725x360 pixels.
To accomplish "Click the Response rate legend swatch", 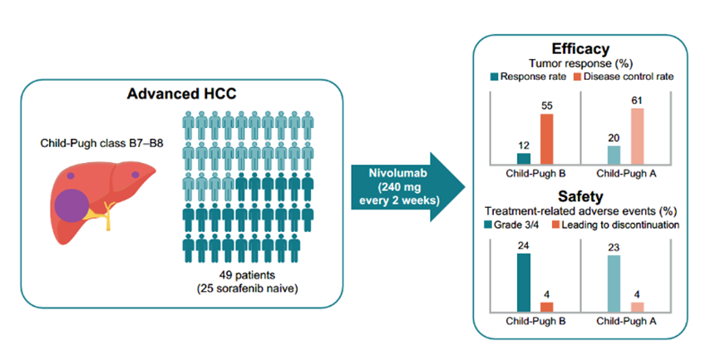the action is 496,77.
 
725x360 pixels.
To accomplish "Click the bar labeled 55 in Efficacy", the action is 546,139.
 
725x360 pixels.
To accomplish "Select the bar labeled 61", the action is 638,136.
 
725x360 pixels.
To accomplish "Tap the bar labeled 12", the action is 524,159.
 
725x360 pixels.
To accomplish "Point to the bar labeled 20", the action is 614,155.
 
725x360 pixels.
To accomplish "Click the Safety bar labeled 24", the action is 524,283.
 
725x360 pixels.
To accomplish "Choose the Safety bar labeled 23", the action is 614,284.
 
